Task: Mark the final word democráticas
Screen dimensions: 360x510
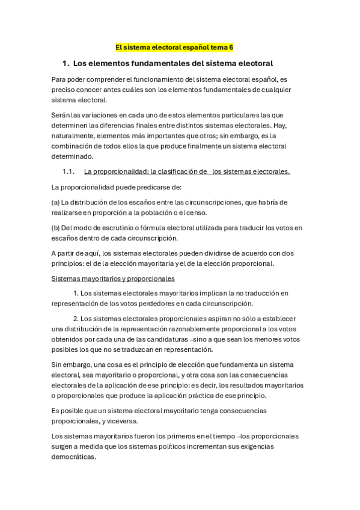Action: point(74,456)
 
